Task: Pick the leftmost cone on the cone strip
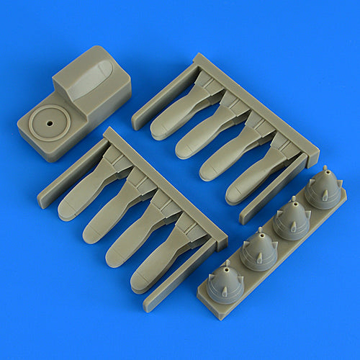[x=223, y=282]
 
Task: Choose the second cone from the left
[x=258, y=250]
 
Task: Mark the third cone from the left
[x=291, y=220]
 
